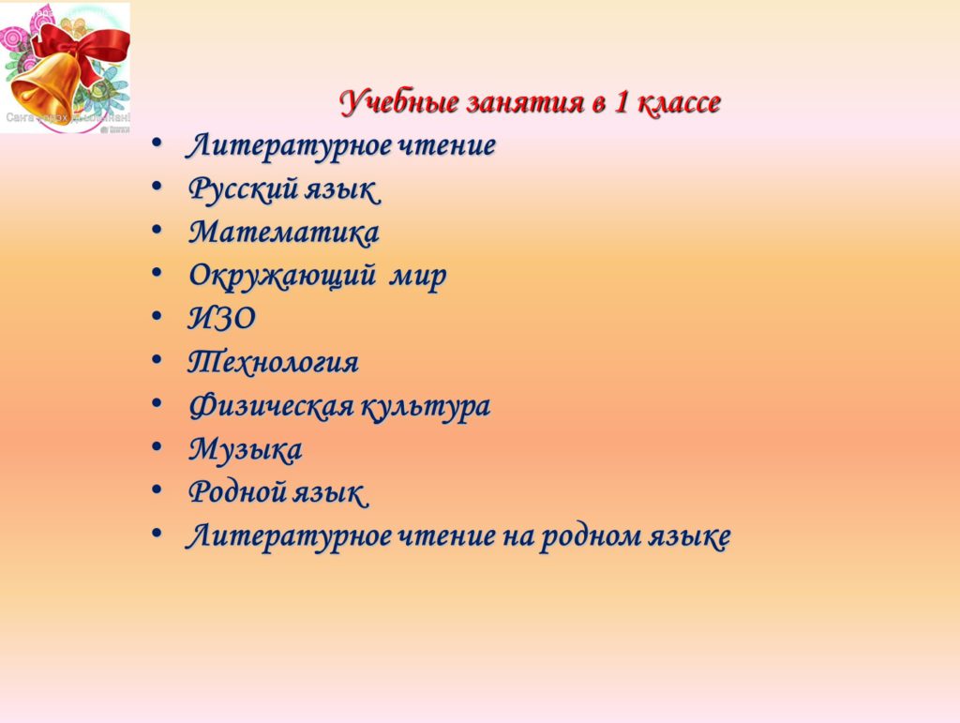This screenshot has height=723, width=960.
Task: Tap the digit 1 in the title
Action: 621,101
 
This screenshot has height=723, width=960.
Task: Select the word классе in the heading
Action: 679,102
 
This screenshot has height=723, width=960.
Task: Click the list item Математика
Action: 283,232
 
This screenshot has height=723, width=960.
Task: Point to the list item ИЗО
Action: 221,318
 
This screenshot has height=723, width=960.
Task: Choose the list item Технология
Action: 273,362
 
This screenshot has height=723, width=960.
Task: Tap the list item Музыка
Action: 245,450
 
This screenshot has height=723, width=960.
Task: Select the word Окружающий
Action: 281,276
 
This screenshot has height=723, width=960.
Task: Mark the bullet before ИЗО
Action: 157,317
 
